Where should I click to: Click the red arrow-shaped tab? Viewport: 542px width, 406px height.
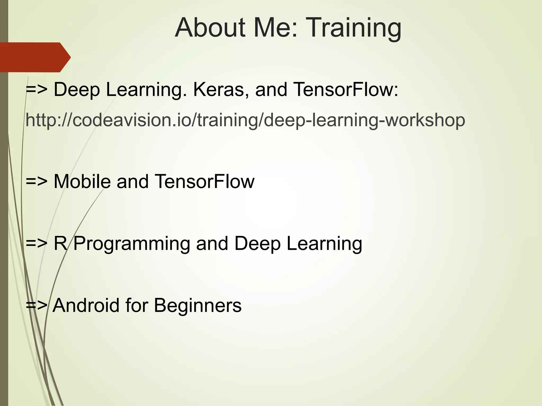click(x=34, y=57)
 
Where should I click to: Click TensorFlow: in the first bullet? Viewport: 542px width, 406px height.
click(x=346, y=89)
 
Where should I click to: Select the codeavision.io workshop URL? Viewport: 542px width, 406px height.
click(x=245, y=120)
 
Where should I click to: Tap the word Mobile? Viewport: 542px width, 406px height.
click(x=82, y=182)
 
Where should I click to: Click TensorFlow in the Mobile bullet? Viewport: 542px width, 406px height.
click(x=204, y=182)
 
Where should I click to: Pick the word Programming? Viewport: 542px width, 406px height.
click(x=132, y=244)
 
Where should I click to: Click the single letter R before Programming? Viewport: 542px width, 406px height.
click(x=60, y=243)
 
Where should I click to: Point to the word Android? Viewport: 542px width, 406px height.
click(x=86, y=305)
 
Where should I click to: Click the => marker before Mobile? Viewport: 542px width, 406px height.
click(x=37, y=182)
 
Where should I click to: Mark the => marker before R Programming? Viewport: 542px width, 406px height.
click(x=37, y=244)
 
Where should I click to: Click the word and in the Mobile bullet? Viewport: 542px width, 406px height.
click(x=133, y=182)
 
